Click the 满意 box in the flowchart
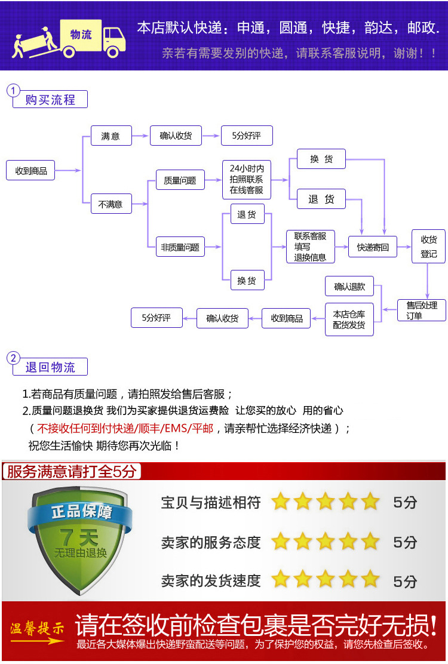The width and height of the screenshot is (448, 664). [111, 136]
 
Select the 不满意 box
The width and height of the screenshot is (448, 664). [111, 204]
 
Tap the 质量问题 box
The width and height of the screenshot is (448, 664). [180, 180]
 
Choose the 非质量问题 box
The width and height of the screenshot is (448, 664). [180, 247]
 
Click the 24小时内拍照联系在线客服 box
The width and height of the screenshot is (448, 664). [246, 180]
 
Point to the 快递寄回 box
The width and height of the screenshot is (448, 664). [373, 247]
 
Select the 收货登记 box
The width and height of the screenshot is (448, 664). [428, 247]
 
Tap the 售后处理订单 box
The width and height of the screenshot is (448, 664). [422, 311]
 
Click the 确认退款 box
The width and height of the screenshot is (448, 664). [349, 287]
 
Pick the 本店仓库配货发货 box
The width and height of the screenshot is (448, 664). [349, 319]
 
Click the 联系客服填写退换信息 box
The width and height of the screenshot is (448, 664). [310, 247]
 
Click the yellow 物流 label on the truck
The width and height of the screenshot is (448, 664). [81, 35]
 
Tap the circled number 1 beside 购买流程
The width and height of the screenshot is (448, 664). [13, 91]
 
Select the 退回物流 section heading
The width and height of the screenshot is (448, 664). [50, 367]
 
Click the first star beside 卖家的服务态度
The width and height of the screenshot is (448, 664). [280, 542]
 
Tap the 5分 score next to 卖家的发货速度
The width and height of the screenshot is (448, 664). [405, 580]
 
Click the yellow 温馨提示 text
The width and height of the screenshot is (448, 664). [37, 628]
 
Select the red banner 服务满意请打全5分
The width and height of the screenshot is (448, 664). [72, 472]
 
